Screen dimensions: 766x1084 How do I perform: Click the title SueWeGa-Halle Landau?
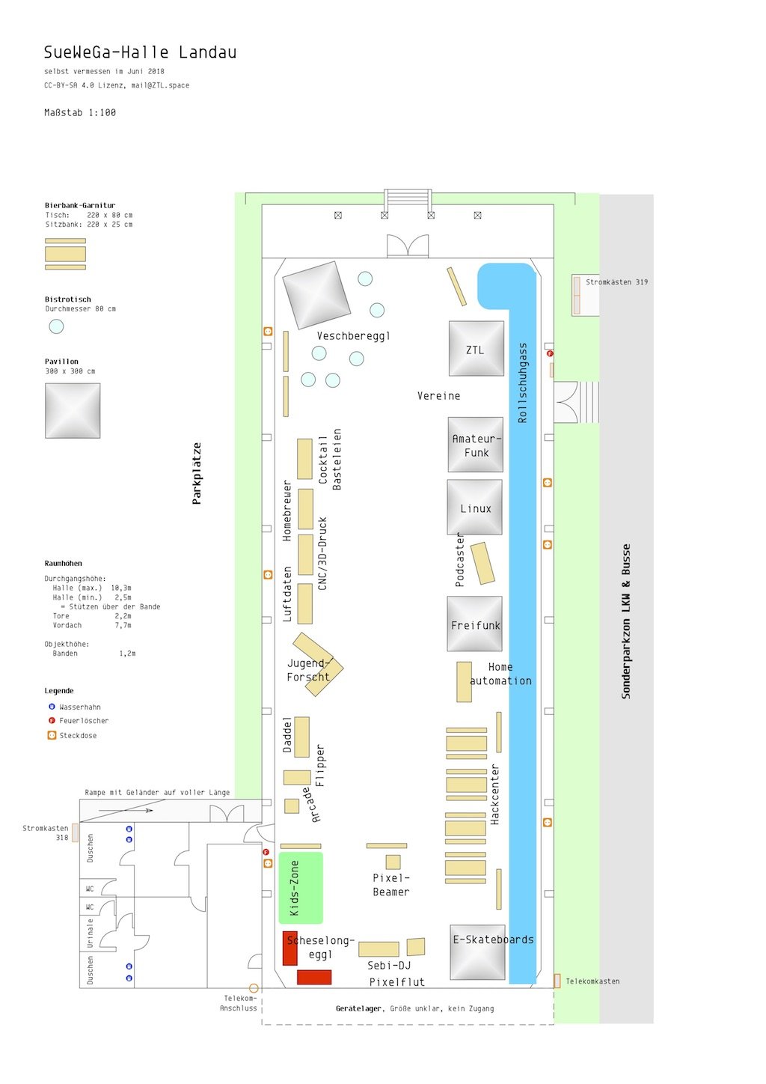[140, 52]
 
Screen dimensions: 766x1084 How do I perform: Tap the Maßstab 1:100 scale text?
[80, 113]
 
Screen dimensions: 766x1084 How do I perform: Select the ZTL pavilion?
[477, 348]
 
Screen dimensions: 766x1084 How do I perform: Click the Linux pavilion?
[475, 507]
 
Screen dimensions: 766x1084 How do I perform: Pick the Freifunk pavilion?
[475, 624]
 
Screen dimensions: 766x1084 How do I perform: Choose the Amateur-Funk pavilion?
[475, 445]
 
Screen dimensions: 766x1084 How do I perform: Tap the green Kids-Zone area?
[301, 889]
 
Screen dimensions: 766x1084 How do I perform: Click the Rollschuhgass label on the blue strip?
[522, 383]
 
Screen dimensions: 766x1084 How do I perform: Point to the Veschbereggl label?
[354, 336]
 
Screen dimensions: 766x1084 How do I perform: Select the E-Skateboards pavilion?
[478, 953]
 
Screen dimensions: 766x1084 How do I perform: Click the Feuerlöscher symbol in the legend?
[52, 721]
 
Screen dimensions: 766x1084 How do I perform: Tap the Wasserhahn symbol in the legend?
[52, 707]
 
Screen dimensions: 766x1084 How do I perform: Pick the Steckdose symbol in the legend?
[52, 736]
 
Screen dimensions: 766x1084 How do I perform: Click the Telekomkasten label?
[592, 981]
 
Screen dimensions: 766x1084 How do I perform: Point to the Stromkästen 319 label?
[616, 282]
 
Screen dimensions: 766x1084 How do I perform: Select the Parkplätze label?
[196, 474]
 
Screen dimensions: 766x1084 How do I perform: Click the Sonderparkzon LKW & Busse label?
[626, 621]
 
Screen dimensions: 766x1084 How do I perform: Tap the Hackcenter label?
[494, 794]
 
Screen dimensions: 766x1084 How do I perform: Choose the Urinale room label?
[90, 934]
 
